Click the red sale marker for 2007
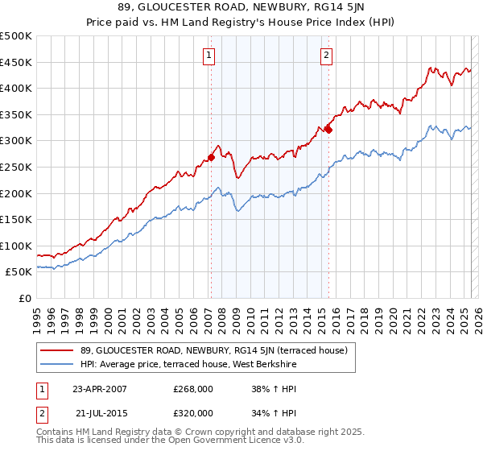point(211,158)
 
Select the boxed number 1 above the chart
point(208,56)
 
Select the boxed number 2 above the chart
point(327,56)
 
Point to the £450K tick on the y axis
point(17,62)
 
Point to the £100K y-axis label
point(17,246)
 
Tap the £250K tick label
point(17,167)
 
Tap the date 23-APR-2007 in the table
point(99,388)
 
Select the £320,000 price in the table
point(192,412)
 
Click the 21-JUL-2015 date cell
point(99,412)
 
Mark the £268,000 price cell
point(192,388)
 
